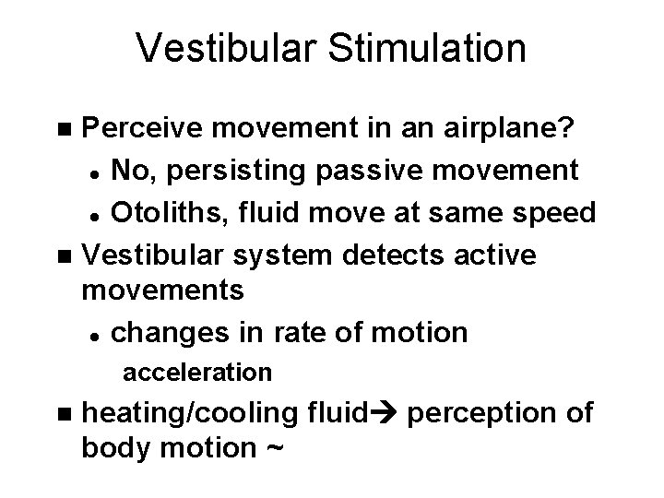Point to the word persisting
[x=231, y=171]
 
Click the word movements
[x=164, y=290]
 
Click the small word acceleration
[x=197, y=373]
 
